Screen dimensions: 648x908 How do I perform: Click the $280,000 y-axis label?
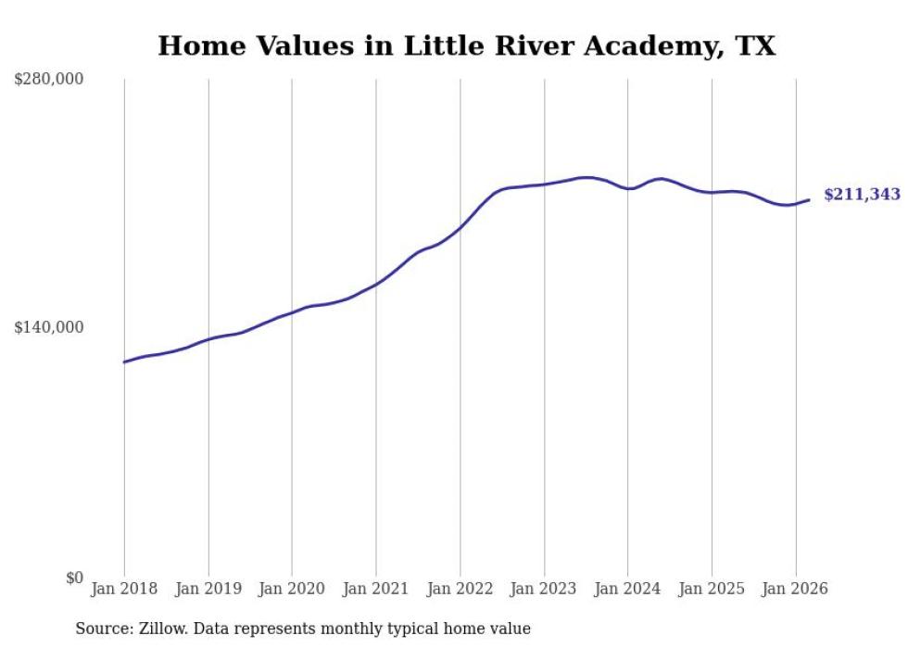(x=49, y=80)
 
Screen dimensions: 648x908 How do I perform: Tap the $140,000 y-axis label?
(x=49, y=327)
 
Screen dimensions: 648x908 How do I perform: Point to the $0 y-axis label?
(x=74, y=578)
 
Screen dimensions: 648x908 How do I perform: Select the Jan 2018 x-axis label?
(x=124, y=589)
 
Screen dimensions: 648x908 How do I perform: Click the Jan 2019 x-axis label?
(x=208, y=589)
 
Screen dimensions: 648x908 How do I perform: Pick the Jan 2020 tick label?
(x=292, y=589)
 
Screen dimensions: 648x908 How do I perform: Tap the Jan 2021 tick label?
(x=375, y=589)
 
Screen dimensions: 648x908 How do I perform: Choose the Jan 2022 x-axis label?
(x=460, y=589)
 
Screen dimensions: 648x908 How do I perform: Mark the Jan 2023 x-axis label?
(x=544, y=589)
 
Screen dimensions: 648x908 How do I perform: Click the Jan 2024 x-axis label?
(x=627, y=589)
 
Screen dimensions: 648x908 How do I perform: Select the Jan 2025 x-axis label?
(x=712, y=589)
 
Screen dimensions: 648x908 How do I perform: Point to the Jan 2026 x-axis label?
(x=795, y=589)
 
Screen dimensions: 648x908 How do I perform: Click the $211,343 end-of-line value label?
(x=862, y=195)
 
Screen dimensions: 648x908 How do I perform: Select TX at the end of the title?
(x=757, y=46)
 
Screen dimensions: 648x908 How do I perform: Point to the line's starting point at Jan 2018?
(x=124, y=362)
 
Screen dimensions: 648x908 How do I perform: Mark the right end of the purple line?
(x=809, y=199)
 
